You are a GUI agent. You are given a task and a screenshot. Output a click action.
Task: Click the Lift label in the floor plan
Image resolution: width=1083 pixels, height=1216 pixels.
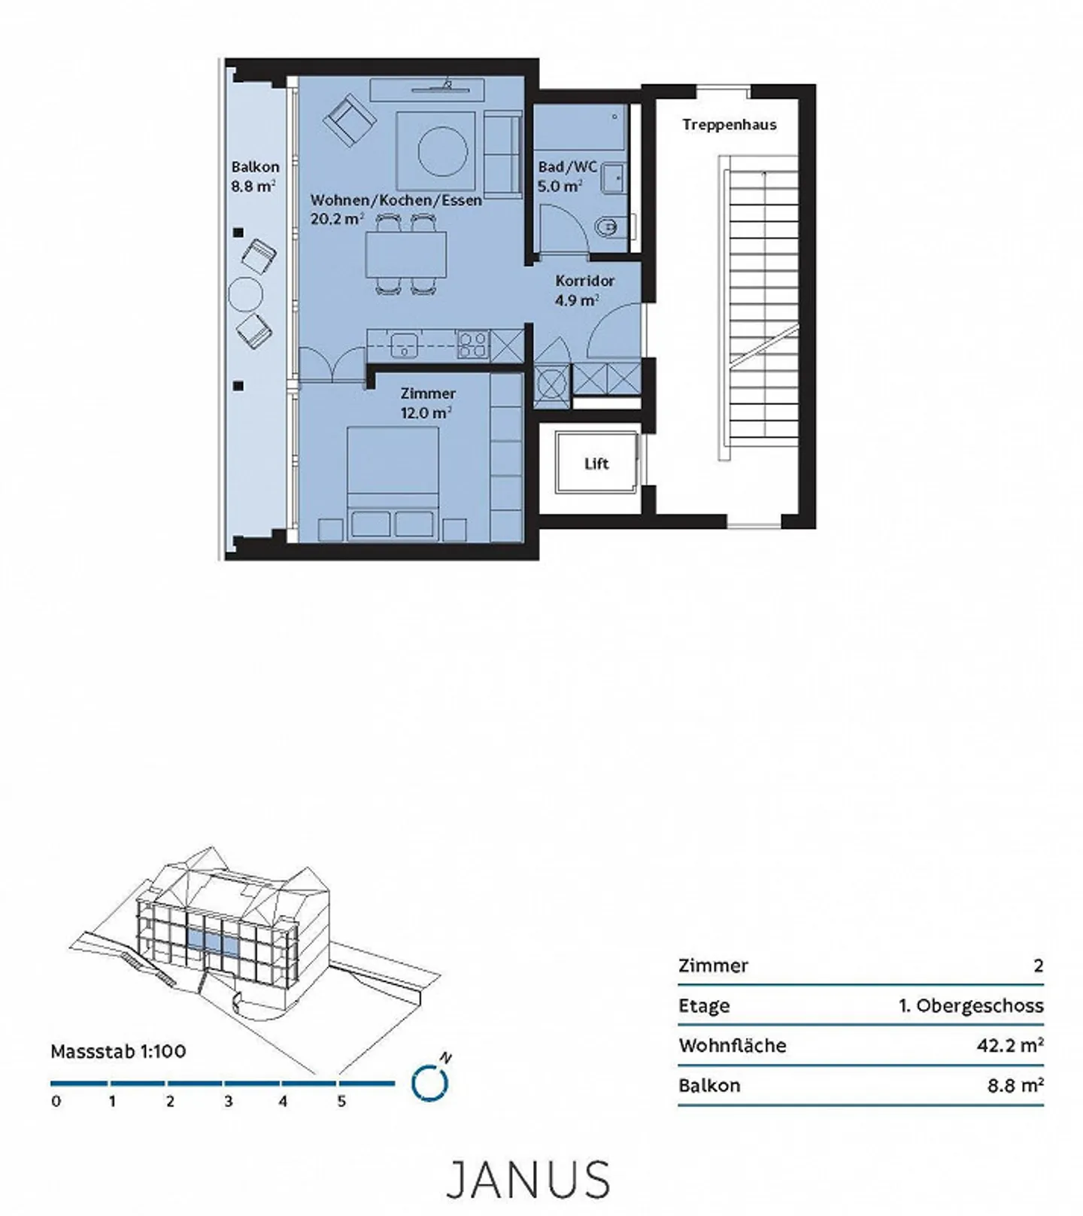pyautogui.click(x=596, y=464)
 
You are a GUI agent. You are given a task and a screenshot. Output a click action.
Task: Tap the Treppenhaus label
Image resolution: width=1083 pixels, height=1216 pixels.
pyautogui.click(x=729, y=125)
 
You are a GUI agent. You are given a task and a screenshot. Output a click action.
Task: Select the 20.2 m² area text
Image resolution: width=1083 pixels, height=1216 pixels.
pyautogui.click(x=337, y=219)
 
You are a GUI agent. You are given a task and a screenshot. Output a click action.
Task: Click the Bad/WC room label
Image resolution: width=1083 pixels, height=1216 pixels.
pyautogui.click(x=567, y=167)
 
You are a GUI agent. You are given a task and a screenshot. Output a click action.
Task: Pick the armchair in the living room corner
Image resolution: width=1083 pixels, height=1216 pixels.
pyautogui.click(x=349, y=120)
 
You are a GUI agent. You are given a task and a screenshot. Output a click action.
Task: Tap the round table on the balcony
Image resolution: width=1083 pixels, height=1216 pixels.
pyautogui.click(x=244, y=294)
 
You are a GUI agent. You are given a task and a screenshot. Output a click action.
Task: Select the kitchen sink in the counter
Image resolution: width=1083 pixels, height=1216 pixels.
pyautogui.click(x=404, y=345)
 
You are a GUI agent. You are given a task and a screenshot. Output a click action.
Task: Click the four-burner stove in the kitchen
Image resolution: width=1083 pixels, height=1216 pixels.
pyautogui.click(x=473, y=345)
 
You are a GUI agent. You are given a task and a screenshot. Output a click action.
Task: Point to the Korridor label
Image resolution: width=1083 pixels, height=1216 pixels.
pyautogui.click(x=585, y=281)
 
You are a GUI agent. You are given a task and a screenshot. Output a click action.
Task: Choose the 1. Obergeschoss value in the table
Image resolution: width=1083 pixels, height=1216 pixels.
pyautogui.click(x=970, y=1005)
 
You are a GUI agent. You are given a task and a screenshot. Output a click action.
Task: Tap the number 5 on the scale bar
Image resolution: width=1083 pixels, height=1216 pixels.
pyautogui.click(x=341, y=1102)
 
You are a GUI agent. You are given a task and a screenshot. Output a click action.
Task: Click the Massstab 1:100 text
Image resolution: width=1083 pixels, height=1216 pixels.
pyautogui.click(x=118, y=1051)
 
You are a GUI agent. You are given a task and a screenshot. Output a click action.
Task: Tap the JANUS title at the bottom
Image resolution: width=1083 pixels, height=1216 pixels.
pyautogui.click(x=528, y=1179)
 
